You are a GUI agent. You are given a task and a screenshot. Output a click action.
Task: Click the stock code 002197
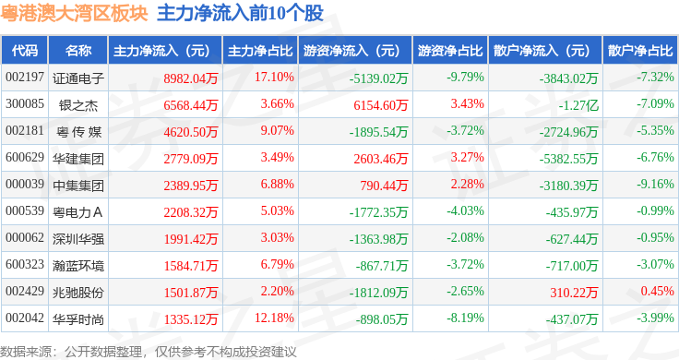tap(25, 78)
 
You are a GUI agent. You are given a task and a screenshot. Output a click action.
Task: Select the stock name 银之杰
tap(78, 105)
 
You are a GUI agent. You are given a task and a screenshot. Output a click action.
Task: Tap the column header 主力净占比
tap(260, 51)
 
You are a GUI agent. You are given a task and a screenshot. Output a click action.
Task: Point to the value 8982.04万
tap(191, 78)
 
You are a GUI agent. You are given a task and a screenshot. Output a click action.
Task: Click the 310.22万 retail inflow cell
tap(574, 293)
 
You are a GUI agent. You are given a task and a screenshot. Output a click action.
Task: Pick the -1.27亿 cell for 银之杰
tap(578, 105)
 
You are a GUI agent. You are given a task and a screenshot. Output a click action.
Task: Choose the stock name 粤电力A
tap(77, 212)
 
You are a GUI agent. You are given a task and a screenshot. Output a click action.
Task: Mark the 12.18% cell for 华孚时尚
tap(274, 318)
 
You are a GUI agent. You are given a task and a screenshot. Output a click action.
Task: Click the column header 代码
tap(25, 51)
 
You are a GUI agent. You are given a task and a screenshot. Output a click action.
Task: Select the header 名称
tap(78, 51)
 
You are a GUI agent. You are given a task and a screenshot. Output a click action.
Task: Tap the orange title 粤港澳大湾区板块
tap(74, 14)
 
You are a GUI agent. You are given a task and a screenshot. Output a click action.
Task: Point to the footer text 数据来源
tap(26, 352)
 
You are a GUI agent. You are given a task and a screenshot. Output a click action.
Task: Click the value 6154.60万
tap(381, 105)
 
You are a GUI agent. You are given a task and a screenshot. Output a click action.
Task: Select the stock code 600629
tap(25, 157)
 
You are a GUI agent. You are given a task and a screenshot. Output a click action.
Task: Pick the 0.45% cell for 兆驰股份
tap(658, 291)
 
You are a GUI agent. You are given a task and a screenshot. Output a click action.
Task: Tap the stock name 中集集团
tap(78, 186)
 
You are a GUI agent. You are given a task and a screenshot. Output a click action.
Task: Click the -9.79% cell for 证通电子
tap(465, 78)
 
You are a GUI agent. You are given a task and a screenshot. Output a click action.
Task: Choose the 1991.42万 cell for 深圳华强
tap(191, 239)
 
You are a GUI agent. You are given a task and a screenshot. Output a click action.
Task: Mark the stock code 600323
tap(25, 264)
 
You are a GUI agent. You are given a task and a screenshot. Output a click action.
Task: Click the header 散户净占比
tap(640, 51)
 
